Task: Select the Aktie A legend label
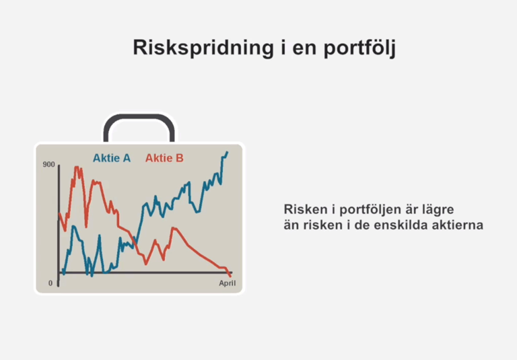pyautogui.click(x=112, y=158)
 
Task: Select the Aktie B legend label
pyautogui.click(x=164, y=158)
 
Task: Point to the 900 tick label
pyautogui.click(x=48, y=164)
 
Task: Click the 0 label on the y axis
pyautogui.click(x=50, y=283)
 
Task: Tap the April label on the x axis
pyautogui.click(x=227, y=283)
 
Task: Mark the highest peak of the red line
pyautogui.click(x=77, y=168)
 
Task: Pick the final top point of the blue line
pyautogui.click(x=227, y=152)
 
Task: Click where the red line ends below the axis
pyautogui.click(x=230, y=276)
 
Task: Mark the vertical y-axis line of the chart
pyautogui.click(x=59, y=225)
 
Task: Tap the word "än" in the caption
pyautogui.click(x=291, y=225)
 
